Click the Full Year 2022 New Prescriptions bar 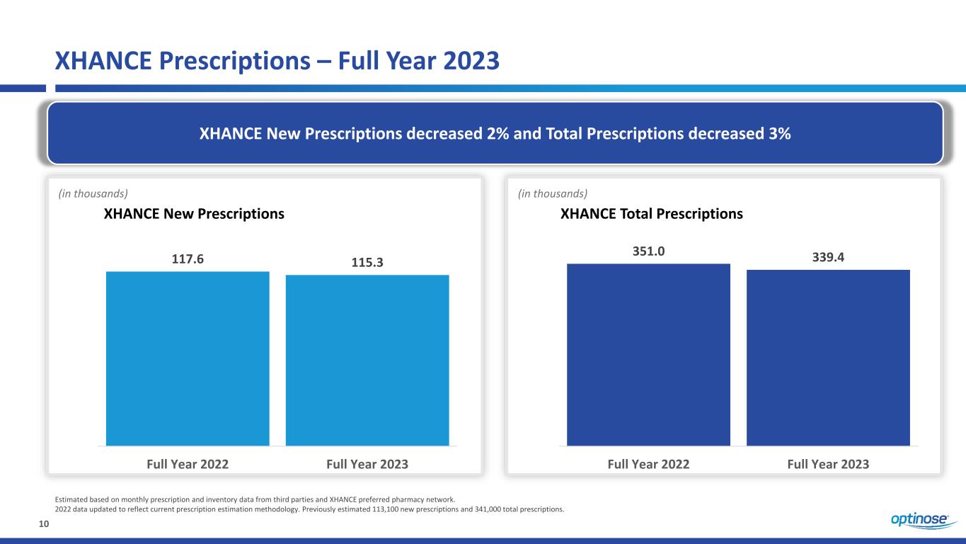tap(188, 358)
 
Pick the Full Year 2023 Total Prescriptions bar tap(828, 358)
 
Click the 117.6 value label tap(188, 259)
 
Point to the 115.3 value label tap(367, 262)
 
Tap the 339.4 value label tap(828, 257)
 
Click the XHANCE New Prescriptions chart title tap(194, 214)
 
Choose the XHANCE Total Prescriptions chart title tap(651, 214)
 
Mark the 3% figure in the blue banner tap(779, 134)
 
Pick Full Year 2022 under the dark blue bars tap(648, 464)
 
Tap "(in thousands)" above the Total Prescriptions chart tap(553, 193)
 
